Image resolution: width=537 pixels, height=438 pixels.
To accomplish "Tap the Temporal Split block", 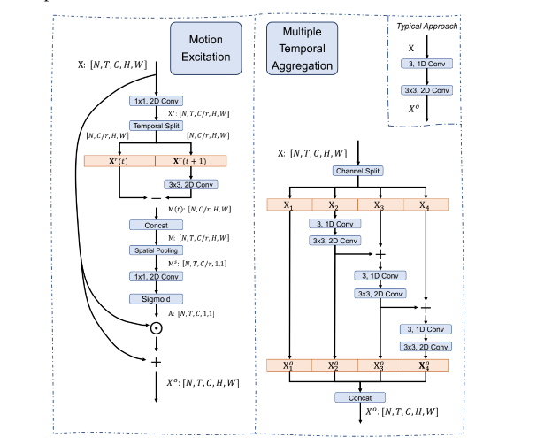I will (155, 126).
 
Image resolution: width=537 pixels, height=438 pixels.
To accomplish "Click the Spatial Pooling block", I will (155, 250).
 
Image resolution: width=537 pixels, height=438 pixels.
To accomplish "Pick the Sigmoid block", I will (155, 299).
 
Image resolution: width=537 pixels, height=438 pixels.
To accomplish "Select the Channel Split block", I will (358, 171).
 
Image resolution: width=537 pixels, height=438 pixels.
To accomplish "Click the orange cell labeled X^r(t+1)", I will (190, 161).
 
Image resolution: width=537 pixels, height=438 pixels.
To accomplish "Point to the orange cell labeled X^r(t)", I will (119, 161).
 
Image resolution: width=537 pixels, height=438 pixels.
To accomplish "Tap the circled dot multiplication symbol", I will (156, 328).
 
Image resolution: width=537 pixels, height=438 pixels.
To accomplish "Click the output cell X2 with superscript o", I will (334, 365).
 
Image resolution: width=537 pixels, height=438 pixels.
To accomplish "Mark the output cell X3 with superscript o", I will (380, 365).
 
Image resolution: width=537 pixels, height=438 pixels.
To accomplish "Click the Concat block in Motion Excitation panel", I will (155, 225).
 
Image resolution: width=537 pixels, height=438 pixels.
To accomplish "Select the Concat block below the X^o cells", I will (358, 397).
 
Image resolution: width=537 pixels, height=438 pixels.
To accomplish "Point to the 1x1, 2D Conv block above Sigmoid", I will (155, 276).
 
